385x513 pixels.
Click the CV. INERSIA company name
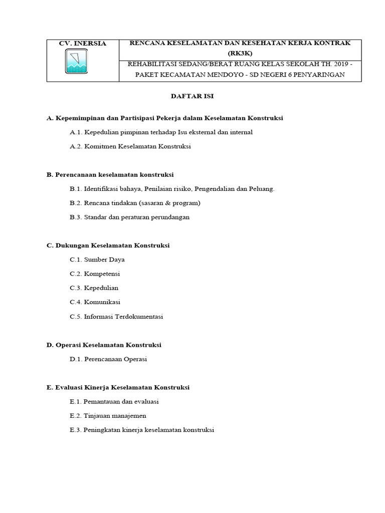coord(83,44)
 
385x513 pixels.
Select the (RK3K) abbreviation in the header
coord(240,53)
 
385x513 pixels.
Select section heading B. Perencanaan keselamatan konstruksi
coord(110,175)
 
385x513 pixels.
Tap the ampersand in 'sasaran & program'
coord(165,203)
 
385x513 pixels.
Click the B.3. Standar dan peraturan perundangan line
coord(130,217)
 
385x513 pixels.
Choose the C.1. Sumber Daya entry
coord(97,260)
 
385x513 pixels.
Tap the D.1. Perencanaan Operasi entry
coord(108,359)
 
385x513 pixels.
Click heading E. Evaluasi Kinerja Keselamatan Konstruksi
coord(118,387)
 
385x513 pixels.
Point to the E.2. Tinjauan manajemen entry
coord(108,416)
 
